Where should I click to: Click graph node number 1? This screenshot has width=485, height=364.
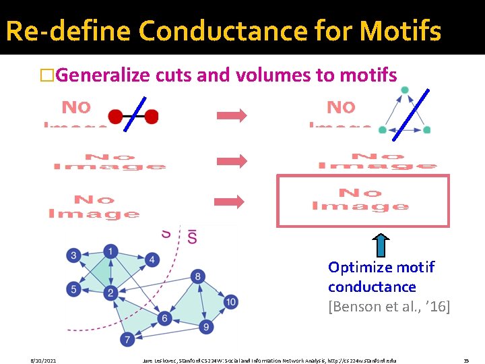[x=110, y=252]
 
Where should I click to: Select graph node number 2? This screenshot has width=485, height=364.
[x=110, y=293]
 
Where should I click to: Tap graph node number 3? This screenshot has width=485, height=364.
[x=73, y=255]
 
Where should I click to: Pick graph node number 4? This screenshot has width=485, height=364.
[x=153, y=260]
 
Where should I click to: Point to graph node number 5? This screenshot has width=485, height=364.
[x=73, y=290]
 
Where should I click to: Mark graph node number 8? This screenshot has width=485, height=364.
[x=198, y=276]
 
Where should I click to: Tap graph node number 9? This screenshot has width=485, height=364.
[x=207, y=327]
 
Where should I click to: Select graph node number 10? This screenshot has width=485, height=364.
[x=230, y=301]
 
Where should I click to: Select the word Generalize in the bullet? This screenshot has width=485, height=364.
[x=104, y=75]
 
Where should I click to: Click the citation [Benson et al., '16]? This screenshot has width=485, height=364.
[x=389, y=307]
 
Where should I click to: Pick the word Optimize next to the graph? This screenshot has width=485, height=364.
[x=357, y=267]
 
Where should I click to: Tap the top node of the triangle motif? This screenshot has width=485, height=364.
[x=403, y=90]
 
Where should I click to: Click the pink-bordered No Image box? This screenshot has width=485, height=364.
[x=362, y=201]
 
